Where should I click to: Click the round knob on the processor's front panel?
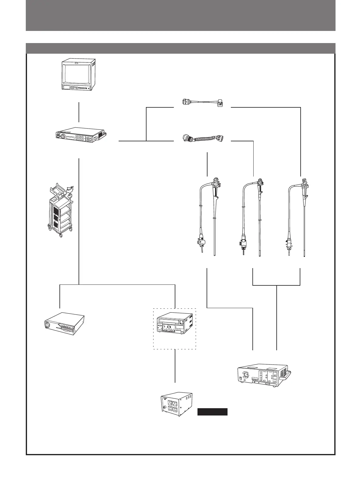63,137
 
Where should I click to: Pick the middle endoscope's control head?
260,185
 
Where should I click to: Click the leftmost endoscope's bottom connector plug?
202,243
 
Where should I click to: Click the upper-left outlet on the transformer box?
175,402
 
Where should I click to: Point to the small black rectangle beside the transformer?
212,412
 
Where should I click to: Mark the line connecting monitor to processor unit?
79,112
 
